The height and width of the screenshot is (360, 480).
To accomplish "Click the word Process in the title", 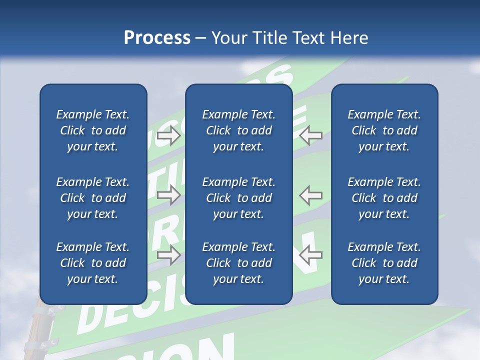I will (157, 37).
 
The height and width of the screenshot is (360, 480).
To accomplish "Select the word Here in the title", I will (349, 37).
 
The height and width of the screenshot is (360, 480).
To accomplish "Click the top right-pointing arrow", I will (169, 135).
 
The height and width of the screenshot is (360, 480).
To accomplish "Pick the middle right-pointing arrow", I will (169, 195).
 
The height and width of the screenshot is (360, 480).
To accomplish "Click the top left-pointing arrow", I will (311, 135).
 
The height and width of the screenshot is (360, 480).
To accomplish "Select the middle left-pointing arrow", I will (311, 195).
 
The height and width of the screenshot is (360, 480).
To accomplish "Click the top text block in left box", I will (93, 130).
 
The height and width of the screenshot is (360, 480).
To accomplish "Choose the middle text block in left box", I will (93, 198).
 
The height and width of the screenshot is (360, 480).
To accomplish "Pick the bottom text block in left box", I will (93, 263).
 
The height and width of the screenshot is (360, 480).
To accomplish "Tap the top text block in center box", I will (239, 130).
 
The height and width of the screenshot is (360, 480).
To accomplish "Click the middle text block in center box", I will (239, 198).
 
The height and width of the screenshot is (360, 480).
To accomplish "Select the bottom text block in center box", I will (239, 263).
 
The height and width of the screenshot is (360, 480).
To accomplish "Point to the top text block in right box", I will (384, 130).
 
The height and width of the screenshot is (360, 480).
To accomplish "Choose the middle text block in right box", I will (384, 198).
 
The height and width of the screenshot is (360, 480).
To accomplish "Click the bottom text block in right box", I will (384, 263).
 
